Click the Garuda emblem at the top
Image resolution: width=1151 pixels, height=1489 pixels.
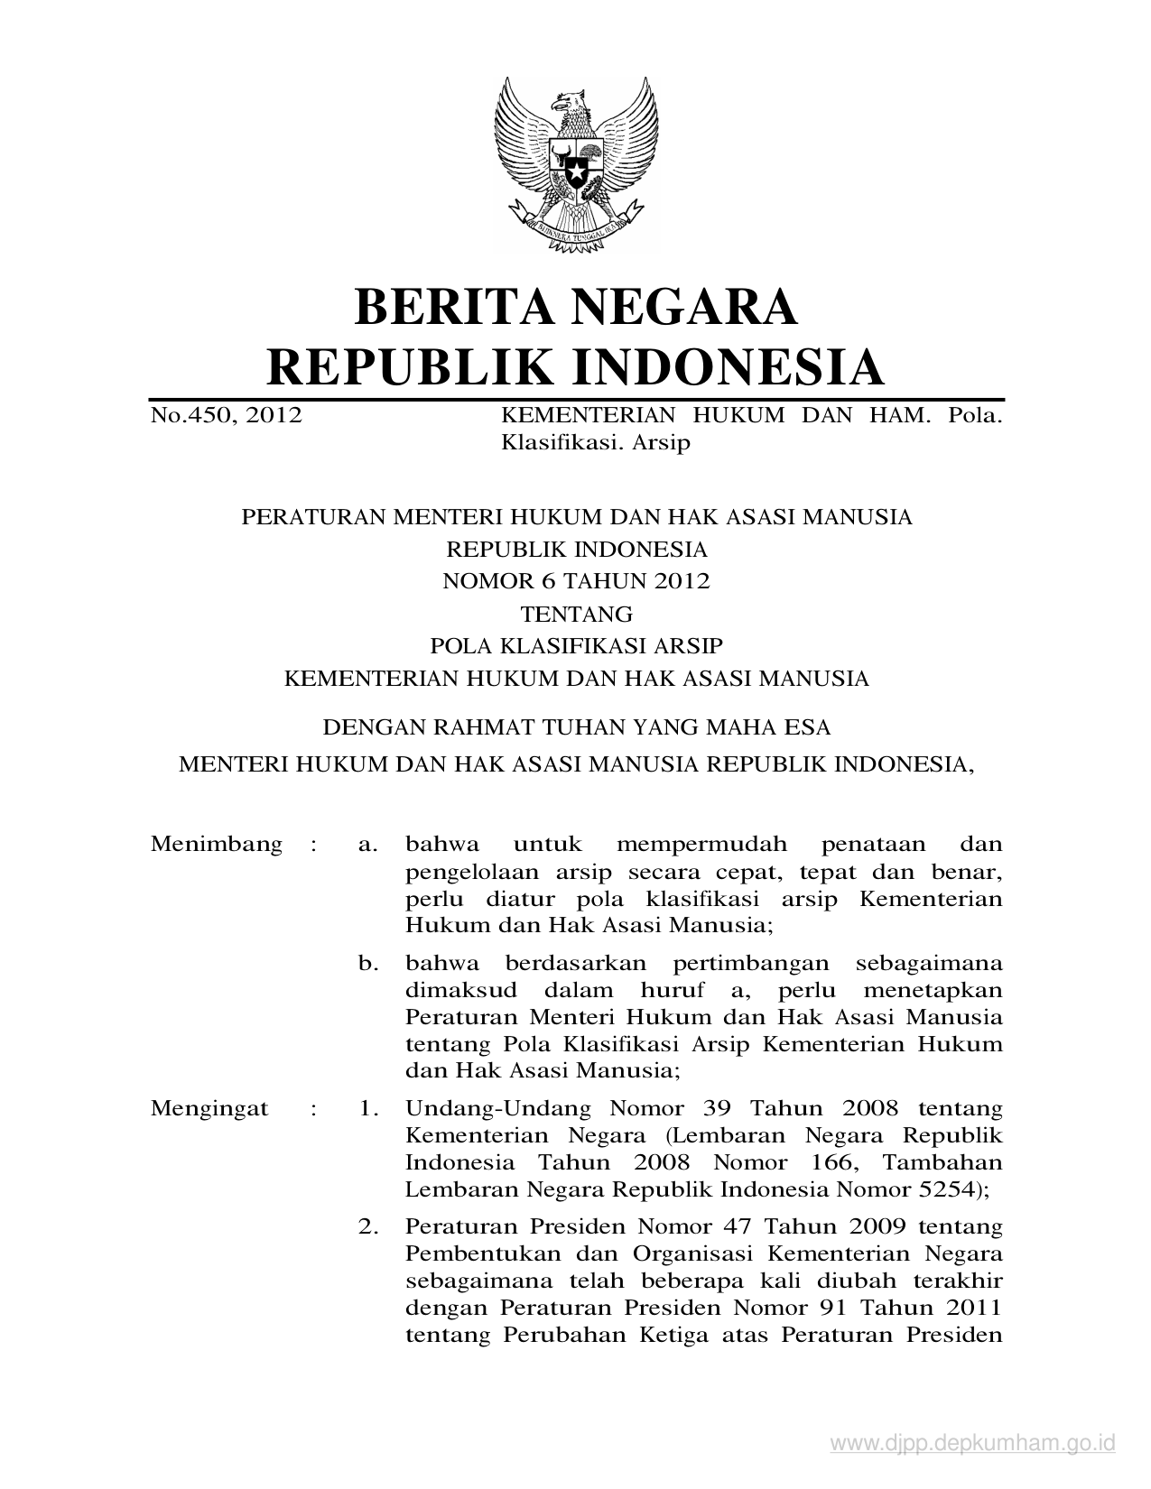[x=575, y=162]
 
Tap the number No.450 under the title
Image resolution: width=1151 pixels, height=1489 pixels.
[x=190, y=416]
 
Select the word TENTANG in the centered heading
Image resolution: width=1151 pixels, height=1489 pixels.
[x=576, y=614]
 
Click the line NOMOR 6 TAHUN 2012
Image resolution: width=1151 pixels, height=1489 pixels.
[x=576, y=581]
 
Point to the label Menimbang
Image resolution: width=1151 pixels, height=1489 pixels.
[x=217, y=845]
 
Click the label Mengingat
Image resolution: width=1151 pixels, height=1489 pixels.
[x=209, y=1108]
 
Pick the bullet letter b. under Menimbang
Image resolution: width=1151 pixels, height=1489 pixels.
[x=367, y=964]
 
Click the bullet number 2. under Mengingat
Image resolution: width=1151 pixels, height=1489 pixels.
[x=367, y=1227]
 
